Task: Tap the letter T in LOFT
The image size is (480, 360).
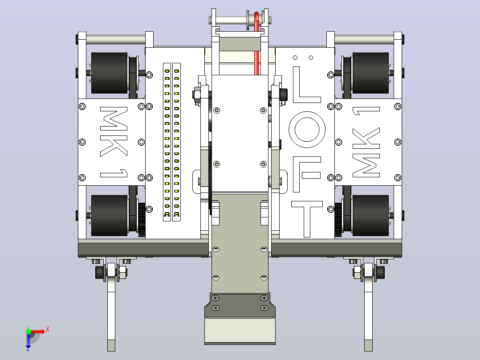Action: pyautogui.click(x=307, y=219)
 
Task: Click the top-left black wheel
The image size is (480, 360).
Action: pyautogui.click(x=109, y=73)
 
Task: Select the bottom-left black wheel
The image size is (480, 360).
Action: pyautogui.click(x=109, y=216)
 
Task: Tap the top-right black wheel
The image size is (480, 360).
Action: pyautogui.click(x=370, y=73)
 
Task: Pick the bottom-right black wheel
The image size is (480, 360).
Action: pyautogui.click(x=370, y=216)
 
